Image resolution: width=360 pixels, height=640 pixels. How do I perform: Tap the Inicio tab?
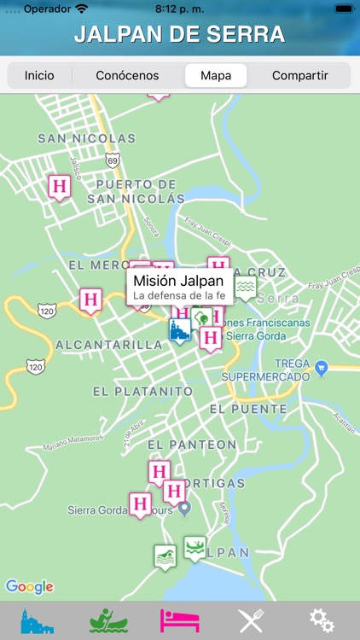pos(39,75)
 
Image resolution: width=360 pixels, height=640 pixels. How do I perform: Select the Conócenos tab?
pos(127,75)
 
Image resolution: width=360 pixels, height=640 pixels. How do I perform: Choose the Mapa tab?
pos(216,75)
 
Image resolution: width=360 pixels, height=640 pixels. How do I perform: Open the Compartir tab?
pos(299,75)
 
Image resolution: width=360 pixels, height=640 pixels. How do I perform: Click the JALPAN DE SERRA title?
pos(179,35)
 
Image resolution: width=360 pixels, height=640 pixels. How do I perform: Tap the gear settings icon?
pos(321,620)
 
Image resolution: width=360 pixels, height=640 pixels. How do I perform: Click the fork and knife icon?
pos(251,620)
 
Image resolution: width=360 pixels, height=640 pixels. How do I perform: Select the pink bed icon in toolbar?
pos(180,620)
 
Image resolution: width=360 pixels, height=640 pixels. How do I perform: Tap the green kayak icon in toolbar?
pos(108,620)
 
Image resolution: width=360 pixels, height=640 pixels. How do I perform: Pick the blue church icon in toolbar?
pos(37,620)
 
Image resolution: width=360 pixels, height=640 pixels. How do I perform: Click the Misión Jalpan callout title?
pos(178,281)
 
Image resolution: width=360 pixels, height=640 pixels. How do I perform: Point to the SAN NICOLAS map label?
pos(86,138)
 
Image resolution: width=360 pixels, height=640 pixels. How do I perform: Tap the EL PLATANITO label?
pos(142,391)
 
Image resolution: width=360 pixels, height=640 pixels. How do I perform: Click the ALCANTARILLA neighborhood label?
pos(108,345)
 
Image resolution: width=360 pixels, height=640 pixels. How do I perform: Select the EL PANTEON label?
pos(192,445)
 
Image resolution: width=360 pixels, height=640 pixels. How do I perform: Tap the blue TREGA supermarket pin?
pos(321,368)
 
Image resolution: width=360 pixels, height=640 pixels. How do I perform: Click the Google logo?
pos(29,586)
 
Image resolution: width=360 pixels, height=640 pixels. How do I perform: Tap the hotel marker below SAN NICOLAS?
pos(59,186)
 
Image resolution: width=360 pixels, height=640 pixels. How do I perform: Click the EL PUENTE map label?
pos(248,409)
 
